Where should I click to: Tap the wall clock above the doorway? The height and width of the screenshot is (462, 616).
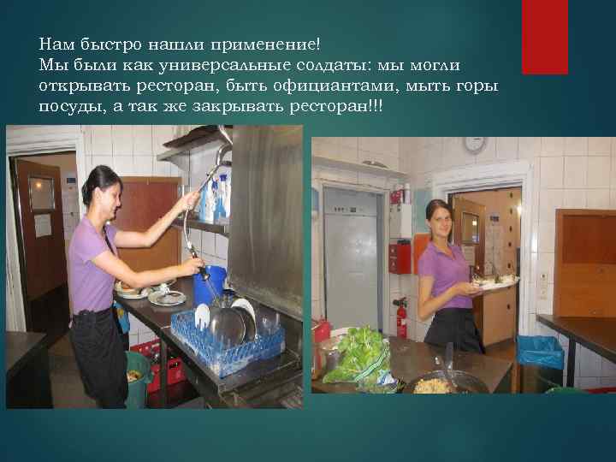[474, 144]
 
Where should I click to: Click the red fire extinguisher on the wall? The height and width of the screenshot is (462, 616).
[400, 317]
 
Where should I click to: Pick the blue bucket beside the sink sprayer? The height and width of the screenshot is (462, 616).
[213, 283]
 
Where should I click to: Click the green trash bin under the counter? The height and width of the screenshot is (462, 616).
[138, 376]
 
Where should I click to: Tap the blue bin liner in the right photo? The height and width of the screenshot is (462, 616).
[541, 352]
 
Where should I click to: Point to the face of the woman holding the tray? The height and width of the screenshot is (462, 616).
[439, 222]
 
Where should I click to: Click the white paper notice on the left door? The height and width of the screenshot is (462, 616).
[43, 225]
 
